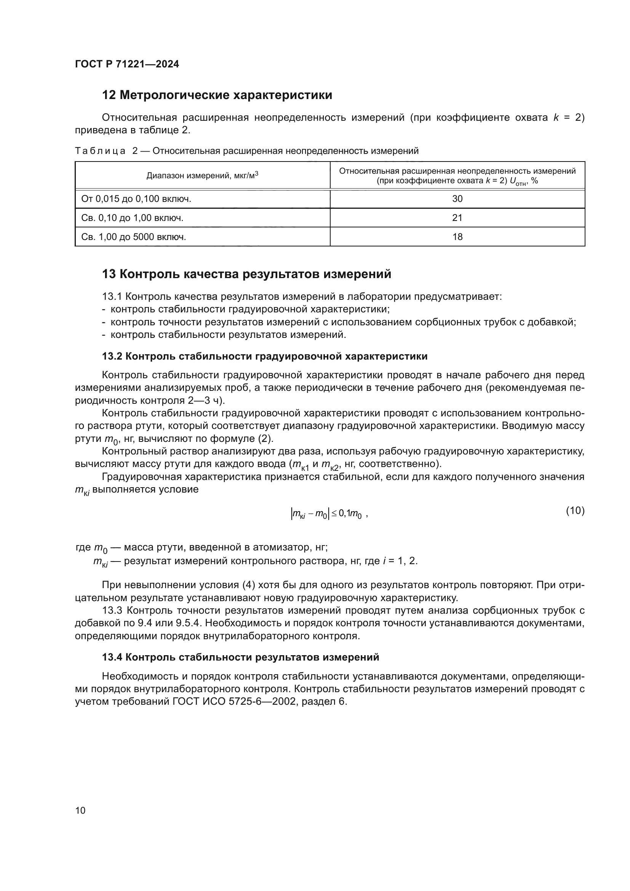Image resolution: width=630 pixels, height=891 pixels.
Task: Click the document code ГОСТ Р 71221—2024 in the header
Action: (127, 64)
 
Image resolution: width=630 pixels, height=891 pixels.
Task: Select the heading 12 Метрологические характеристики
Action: (217, 95)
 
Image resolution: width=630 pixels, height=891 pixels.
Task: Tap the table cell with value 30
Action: (457, 199)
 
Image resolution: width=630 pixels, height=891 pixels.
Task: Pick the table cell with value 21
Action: (457, 218)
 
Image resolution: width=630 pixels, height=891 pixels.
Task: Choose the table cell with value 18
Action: (457, 237)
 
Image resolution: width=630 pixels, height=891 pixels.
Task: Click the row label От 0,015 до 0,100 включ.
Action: (136, 199)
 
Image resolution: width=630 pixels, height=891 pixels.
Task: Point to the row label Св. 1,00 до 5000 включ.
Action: (133, 237)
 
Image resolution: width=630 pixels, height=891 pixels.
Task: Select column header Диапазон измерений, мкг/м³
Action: (202, 175)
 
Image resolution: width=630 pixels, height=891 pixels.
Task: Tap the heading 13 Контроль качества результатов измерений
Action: (246, 274)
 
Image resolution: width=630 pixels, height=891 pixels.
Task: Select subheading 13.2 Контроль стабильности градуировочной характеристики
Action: (265, 356)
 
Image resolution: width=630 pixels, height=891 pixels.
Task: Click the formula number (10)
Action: (575, 511)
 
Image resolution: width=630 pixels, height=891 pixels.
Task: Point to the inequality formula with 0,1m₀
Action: (328, 514)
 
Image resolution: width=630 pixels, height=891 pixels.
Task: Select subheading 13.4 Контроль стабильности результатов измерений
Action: (240, 657)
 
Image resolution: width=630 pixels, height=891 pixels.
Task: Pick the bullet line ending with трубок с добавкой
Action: (343, 322)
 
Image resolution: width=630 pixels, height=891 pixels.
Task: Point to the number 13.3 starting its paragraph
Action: (112, 610)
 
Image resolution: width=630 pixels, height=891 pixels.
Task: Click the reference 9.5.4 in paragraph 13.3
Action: (190, 623)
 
